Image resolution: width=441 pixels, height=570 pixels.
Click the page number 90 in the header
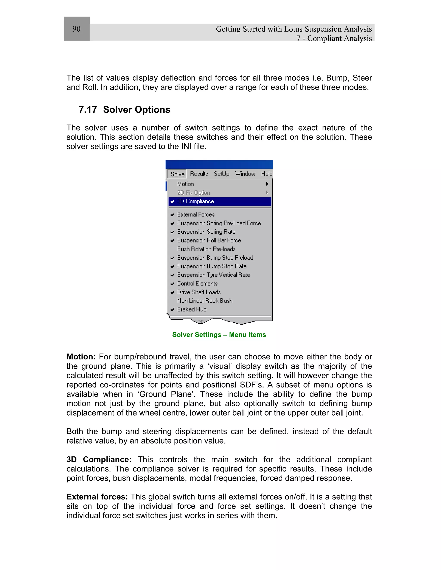pos(76,29)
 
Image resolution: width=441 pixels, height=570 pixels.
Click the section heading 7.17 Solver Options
pos(124,110)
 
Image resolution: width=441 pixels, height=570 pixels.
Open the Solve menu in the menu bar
pos(177,174)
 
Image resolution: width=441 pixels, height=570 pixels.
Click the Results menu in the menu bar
pos(199,174)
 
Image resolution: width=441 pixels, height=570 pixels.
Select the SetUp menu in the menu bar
pos(222,174)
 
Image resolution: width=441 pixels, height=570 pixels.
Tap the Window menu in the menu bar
pos(245,174)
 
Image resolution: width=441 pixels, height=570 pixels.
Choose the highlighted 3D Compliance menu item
pos(196,202)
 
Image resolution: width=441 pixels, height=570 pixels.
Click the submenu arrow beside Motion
pos(267,184)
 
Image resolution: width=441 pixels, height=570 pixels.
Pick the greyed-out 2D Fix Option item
pos(194,193)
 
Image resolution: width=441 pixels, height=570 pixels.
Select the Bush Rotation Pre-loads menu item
pos(206,249)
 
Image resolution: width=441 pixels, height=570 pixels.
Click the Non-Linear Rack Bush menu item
pos(205,301)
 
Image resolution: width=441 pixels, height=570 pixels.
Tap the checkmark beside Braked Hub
pos(172,310)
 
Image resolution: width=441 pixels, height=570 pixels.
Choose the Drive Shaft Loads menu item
pos(199,292)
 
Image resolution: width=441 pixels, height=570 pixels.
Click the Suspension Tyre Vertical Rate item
pos(213,275)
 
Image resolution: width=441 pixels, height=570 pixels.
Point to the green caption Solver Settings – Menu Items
pos(219,335)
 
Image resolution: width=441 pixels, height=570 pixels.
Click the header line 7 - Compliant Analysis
pos(334,38)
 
